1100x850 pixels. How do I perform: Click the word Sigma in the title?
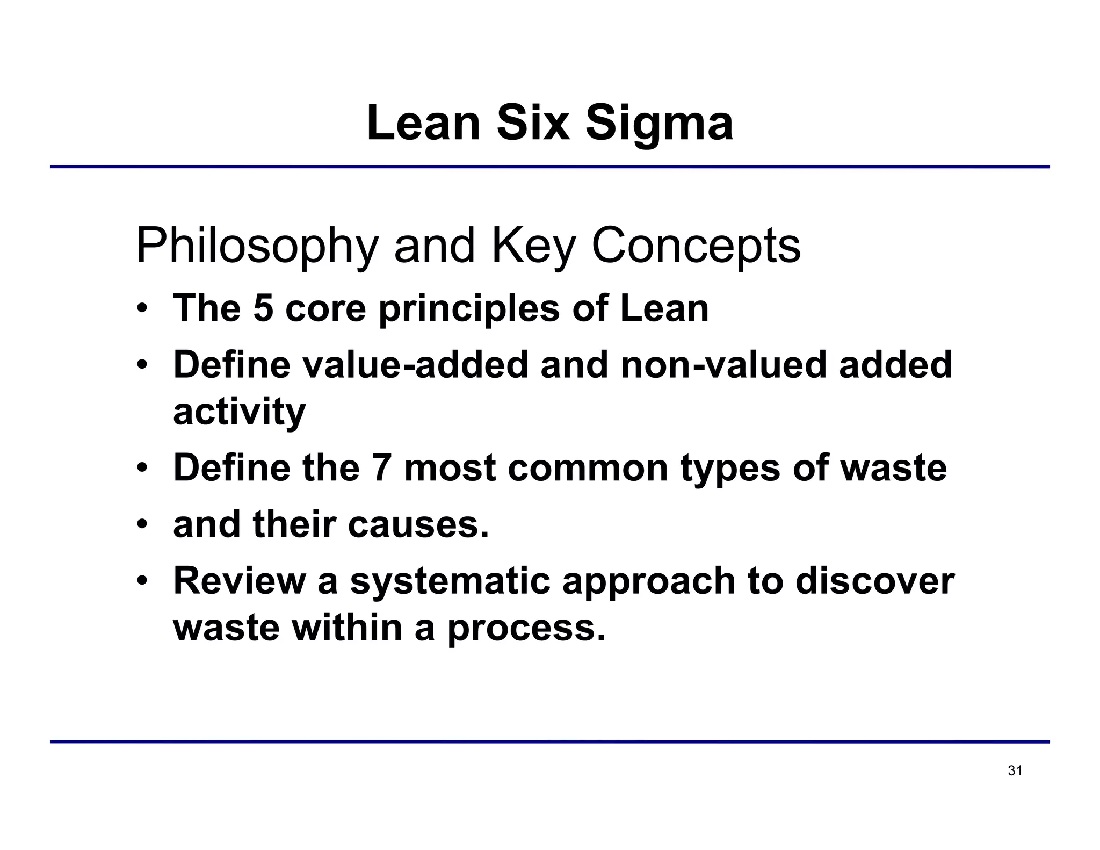tap(658, 124)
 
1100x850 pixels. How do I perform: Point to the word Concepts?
tap(696, 246)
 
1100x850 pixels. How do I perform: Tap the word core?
tap(325, 309)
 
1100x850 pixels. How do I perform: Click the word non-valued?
tap(723, 365)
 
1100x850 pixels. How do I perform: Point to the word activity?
tap(239, 412)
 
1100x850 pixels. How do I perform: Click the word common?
tap(588, 467)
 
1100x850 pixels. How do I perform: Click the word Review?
tap(239, 581)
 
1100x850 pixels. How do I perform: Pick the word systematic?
tap(450, 582)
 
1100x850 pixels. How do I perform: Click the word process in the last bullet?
tap(526, 628)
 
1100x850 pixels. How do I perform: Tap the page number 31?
tap(1015, 771)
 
